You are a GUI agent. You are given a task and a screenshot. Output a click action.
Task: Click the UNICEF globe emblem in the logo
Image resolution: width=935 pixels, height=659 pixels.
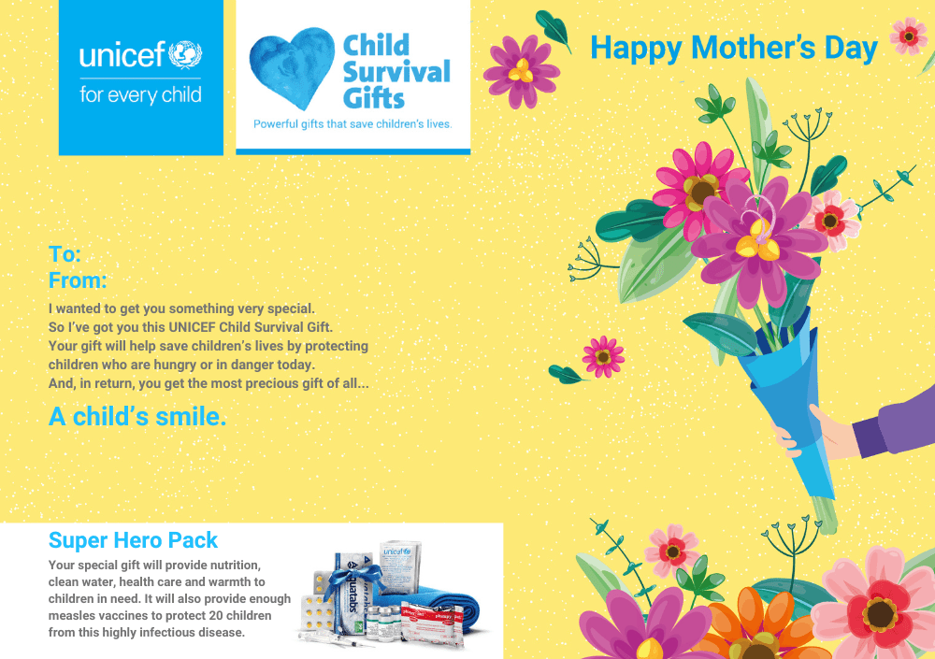coord(185,55)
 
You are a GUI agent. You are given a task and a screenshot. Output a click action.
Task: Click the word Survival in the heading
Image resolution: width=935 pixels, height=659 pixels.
coord(396,72)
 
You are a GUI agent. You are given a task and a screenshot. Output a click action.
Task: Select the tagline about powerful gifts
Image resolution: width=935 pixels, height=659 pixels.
coord(352,124)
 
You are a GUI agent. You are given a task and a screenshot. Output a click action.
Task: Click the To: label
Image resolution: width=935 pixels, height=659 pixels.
coord(65,254)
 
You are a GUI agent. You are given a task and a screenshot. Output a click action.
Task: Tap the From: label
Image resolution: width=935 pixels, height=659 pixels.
coord(78,280)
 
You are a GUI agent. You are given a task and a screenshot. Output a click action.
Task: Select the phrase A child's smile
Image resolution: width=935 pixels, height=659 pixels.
coord(137,416)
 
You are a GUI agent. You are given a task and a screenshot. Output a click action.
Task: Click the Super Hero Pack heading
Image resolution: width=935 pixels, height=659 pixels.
coord(133,540)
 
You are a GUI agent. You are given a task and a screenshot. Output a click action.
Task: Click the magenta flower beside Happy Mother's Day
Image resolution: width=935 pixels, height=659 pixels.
coord(521,72)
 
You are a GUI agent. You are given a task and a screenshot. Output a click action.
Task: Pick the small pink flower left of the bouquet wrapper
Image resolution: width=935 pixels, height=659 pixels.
coord(603,357)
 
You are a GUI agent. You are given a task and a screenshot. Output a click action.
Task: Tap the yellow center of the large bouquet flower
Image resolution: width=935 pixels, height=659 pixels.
coord(758,240)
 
